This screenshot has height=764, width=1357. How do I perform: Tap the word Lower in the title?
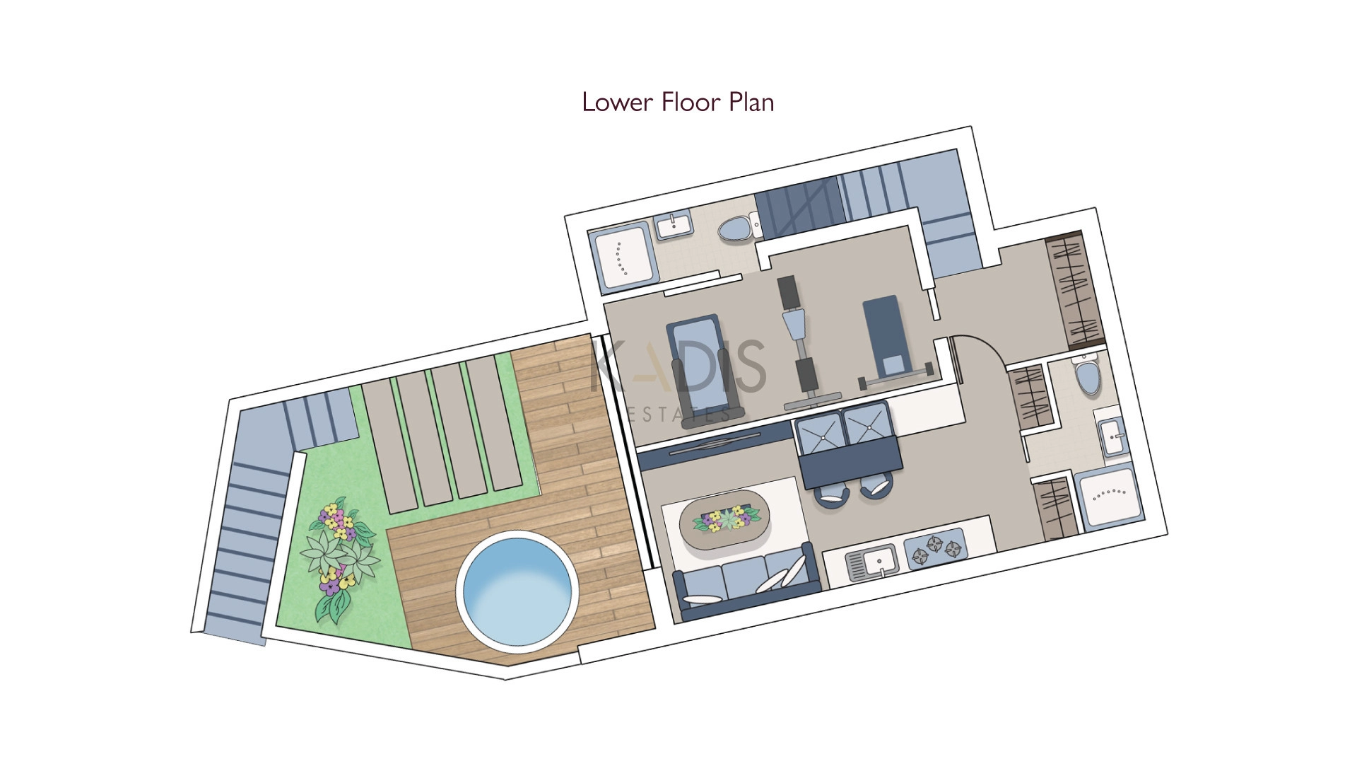pyautogui.click(x=617, y=103)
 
